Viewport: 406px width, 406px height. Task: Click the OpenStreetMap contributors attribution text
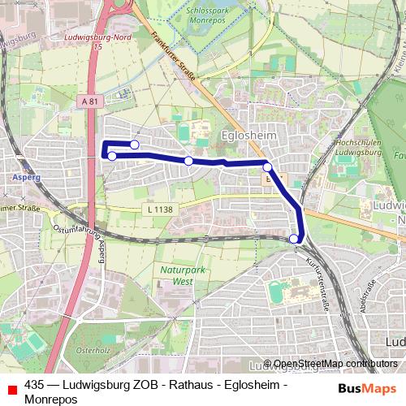click(331, 364)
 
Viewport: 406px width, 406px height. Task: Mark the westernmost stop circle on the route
click(112, 156)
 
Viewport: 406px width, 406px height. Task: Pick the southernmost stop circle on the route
click(293, 239)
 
